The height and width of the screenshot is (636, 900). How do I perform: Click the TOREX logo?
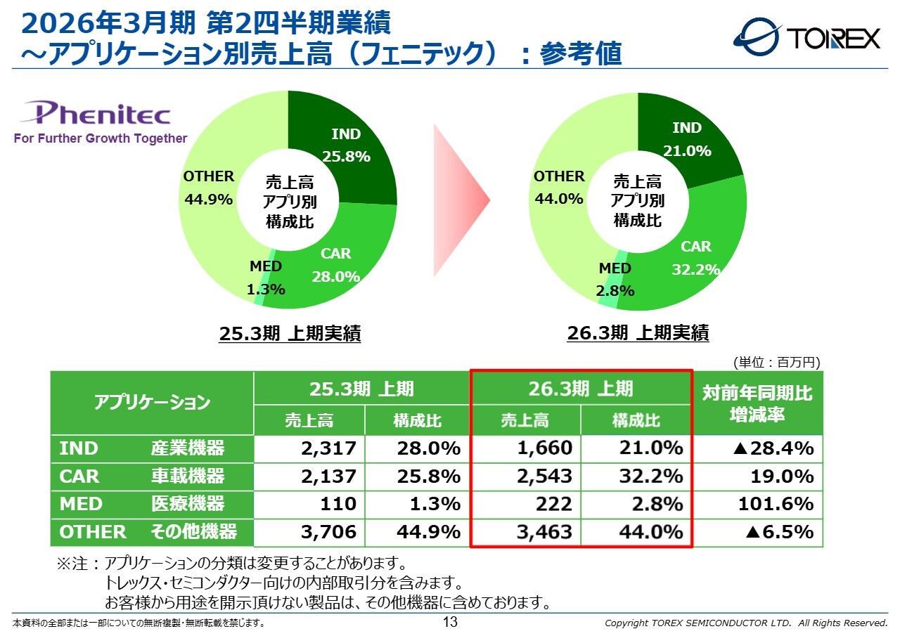point(806,37)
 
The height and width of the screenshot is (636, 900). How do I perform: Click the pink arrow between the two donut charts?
point(461,201)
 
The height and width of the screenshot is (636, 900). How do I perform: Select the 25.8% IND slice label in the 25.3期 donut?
point(346,145)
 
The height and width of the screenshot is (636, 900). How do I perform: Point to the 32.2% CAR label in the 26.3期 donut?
point(696,258)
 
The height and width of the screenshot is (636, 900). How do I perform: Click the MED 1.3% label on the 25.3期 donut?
point(266,278)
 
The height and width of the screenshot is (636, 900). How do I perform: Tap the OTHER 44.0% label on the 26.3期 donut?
point(559,188)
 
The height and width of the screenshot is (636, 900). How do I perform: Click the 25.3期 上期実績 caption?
point(290,334)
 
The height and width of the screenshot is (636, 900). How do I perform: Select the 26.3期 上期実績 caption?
point(638,332)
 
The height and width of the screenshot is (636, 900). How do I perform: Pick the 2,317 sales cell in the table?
point(329,448)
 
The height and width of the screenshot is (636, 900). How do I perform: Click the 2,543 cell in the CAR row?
point(545,476)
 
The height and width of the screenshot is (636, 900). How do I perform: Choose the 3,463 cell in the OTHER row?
point(545,532)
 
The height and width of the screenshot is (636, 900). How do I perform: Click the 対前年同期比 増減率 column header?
point(757,403)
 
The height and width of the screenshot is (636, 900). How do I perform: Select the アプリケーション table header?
point(152,403)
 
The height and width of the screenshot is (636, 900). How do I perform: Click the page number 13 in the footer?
point(450,622)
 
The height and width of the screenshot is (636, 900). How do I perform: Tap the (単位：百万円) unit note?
point(776,363)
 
